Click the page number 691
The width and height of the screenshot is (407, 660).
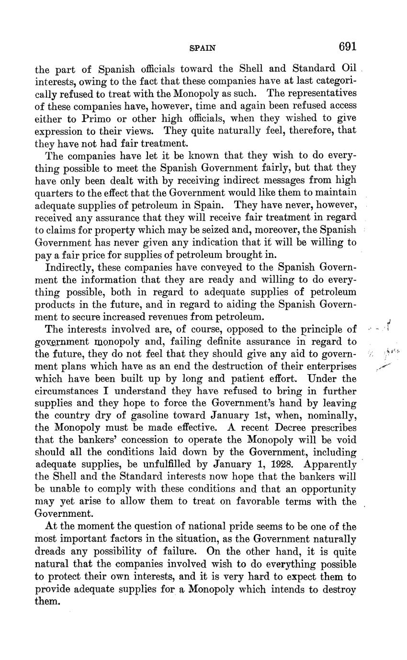[x=348, y=46]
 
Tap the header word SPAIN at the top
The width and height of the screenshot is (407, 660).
[x=203, y=48]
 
